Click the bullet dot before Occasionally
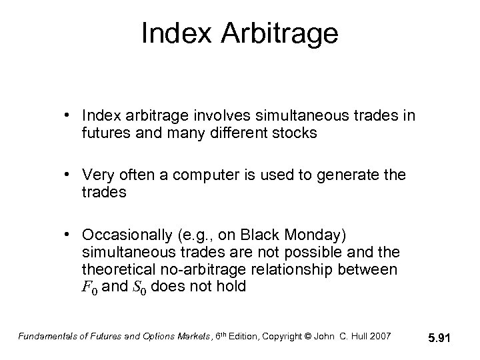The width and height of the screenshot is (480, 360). (x=69, y=236)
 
